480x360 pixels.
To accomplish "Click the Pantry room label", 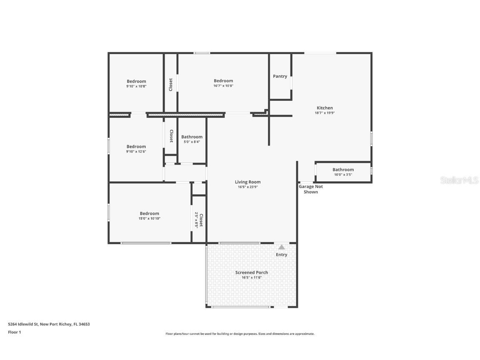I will (280, 76).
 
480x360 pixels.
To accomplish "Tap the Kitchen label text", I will (325, 108).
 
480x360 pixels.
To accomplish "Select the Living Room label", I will (247, 182).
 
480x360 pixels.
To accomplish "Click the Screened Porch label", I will (252, 272).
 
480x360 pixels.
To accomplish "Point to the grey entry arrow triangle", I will (282, 247).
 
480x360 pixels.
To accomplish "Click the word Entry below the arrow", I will (282, 255).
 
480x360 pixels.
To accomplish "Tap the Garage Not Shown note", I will (311, 189).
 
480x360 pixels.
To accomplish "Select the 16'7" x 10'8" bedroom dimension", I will (223, 86).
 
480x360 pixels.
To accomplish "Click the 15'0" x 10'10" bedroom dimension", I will (149, 218).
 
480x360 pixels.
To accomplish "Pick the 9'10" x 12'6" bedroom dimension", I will (136, 151).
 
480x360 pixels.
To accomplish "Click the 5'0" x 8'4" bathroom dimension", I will (192, 142).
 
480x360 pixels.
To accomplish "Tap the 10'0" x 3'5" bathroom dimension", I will (343, 175).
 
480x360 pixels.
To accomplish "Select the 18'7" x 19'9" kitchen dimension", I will (325, 113).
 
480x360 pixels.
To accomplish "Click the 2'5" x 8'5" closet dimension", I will (196, 220).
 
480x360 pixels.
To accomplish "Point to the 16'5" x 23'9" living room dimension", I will (247, 187).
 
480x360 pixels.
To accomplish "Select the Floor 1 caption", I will (15, 332).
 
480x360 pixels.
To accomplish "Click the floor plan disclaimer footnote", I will (240, 334).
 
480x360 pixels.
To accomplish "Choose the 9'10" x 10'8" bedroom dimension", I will (136, 86).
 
